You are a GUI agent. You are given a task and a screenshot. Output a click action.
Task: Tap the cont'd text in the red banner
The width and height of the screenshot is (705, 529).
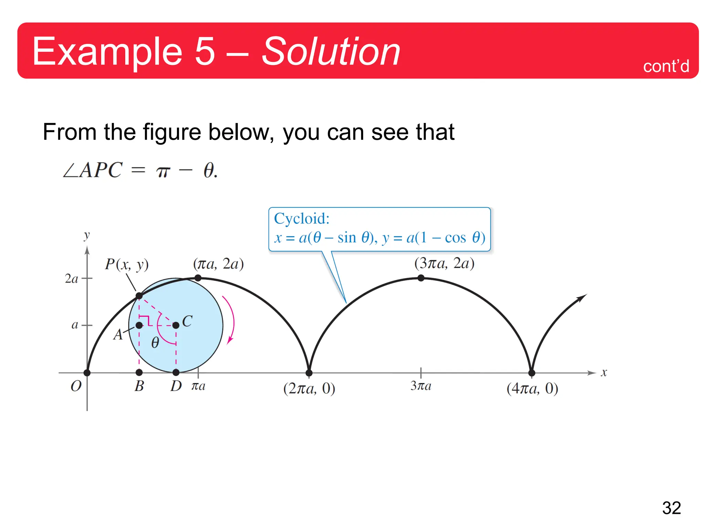tap(666, 66)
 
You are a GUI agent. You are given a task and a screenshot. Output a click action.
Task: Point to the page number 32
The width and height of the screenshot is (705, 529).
tap(671, 508)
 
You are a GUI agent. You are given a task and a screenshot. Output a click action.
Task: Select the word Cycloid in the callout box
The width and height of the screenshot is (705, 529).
tap(302, 218)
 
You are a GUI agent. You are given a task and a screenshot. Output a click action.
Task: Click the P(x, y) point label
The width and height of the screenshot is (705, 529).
tap(127, 264)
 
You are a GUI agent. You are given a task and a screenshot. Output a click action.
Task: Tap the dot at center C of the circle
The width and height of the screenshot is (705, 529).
tap(176, 325)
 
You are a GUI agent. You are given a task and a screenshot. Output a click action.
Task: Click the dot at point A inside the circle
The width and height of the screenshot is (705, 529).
tap(139, 325)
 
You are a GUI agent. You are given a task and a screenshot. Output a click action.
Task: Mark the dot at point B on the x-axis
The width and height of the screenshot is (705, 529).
tap(139, 372)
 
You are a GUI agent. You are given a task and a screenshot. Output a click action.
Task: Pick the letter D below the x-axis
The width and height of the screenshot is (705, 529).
tap(176, 386)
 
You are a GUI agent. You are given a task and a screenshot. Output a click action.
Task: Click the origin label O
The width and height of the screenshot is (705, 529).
tap(76, 386)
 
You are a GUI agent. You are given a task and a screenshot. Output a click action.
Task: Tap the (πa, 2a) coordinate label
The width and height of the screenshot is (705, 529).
tap(218, 264)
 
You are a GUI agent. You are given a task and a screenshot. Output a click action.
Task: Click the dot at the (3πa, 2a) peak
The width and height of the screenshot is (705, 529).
tap(421, 278)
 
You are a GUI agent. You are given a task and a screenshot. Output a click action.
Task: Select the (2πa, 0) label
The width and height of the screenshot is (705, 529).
tap(309, 388)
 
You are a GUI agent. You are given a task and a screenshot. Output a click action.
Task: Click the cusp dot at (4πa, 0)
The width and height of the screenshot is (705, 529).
tap(532, 373)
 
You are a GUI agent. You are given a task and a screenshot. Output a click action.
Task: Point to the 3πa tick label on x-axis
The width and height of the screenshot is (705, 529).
tap(421, 386)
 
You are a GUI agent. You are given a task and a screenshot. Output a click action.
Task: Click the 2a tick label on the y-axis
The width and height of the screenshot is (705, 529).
tap(72, 279)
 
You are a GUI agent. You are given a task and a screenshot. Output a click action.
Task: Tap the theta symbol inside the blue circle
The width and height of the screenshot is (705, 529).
tap(155, 343)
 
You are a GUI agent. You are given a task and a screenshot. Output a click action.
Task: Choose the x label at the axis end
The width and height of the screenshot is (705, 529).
tap(604, 373)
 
